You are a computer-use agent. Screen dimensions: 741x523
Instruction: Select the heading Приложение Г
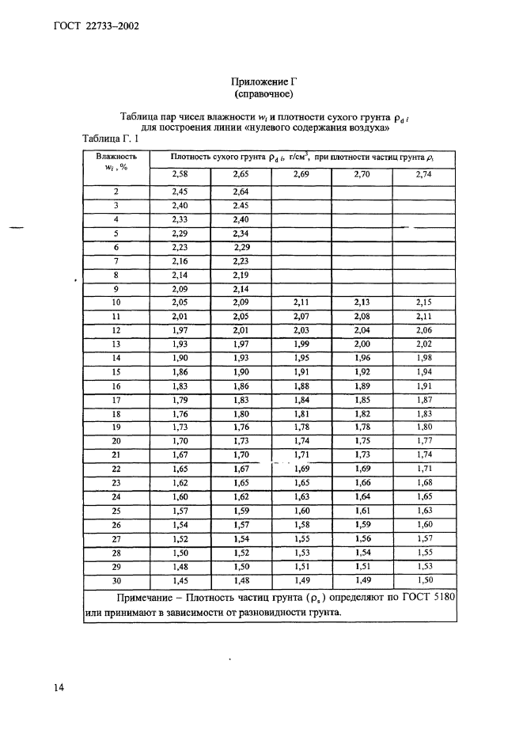(x=262, y=82)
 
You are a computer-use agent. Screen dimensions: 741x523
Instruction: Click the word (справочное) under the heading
(x=262, y=95)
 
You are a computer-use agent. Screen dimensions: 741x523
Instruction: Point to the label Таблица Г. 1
(x=111, y=139)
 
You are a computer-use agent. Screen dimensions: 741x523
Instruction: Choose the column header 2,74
(x=423, y=174)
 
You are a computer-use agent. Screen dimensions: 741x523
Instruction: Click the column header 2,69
(x=301, y=174)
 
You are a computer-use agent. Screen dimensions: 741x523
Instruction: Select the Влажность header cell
(x=116, y=157)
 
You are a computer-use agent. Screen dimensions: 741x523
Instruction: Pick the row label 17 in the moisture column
(x=116, y=401)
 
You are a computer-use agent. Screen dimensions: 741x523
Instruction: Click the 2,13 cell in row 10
(x=362, y=302)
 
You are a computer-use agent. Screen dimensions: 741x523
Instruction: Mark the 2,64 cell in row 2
(x=241, y=192)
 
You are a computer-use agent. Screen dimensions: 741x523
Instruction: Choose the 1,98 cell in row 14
(x=423, y=359)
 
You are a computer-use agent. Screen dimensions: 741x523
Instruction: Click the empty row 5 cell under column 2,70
(x=362, y=234)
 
